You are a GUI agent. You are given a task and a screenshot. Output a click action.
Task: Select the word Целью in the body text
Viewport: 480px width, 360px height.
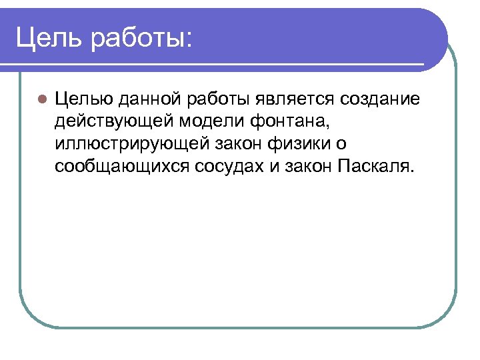coord(85,100)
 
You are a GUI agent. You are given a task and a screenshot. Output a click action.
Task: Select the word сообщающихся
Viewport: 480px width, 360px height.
coord(123,166)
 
